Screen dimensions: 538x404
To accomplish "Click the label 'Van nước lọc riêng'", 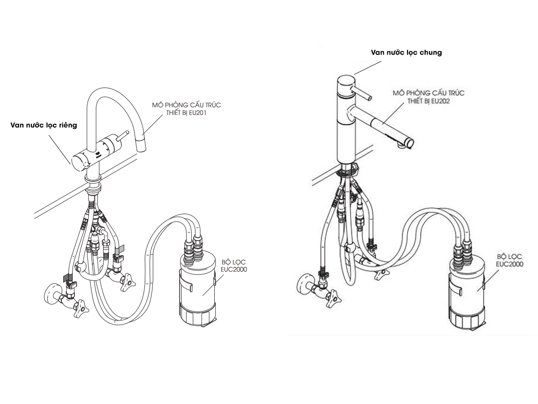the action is (x=43, y=125).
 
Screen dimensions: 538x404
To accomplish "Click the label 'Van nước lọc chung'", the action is (x=406, y=53).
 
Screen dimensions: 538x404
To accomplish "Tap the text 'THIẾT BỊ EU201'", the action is (x=186, y=113).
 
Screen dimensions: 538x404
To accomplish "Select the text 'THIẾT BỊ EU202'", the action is (x=429, y=101).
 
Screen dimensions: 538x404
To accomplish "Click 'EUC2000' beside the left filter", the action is (x=234, y=269).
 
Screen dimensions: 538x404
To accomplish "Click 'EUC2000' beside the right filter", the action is (x=510, y=264).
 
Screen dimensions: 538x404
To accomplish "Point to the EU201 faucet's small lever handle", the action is (x=123, y=136).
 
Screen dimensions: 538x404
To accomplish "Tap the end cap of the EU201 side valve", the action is (x=79, y=162).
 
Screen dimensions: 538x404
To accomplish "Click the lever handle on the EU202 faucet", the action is (x=362, y=93).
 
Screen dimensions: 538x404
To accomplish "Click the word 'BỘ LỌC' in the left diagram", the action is (x=234, y=262).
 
